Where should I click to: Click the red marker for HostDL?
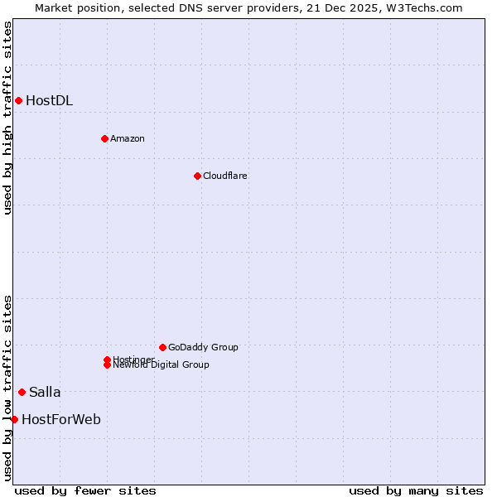click(x=18, y=101)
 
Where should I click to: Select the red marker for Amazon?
click(x=104, y=138)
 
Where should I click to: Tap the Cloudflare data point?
click(x=197, y=176)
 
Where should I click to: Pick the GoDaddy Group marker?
click(x=162, y=347)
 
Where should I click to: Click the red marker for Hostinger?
click(x=107, y=359)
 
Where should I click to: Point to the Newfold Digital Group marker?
click(x=107, y=365)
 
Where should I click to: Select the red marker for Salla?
click(x=22, y=392)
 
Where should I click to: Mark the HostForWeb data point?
click(x=14, y=420)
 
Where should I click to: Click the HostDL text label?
click(x=49, y=101)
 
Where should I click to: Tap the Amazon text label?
click(x=127, y=138)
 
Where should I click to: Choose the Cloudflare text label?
click(x=224, y=176)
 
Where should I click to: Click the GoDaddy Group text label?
click(x=203, y=347)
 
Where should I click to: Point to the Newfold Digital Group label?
click(x=161, y=365)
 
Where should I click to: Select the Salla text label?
click(x=45, y=392)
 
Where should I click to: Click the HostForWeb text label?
click(x=61, y=420)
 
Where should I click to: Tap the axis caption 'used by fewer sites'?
click(x=85, y=490)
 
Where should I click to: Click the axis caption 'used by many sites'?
click(x=416, y=490)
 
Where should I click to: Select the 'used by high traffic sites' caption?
click(x=7, y=118)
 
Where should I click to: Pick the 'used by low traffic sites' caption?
click(x=7, y=387)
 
